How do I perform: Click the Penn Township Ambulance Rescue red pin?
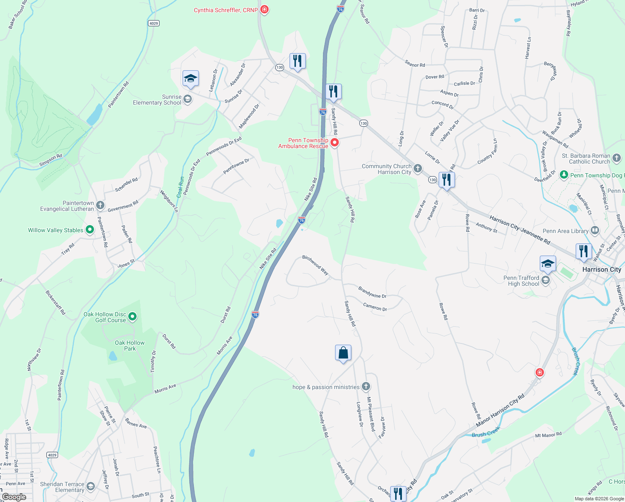pos(335,143)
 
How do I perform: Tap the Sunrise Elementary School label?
pos(157,100)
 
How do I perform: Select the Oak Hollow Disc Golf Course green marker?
pos(132,317)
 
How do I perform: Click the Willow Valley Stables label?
pos(56,231)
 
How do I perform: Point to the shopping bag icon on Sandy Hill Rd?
pos(343,353)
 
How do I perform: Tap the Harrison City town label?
pos(602,270)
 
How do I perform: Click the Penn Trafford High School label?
pos(521,281)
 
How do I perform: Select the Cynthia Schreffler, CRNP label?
pos(226,10)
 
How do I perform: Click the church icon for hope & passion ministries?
pos(366,387)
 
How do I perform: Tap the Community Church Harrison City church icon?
pos(418,169)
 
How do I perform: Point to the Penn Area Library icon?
pos(595,231)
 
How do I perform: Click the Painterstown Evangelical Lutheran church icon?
pos(100,205)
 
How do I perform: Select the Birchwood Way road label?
pos(315,265)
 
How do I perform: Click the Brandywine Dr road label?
pos(372,292)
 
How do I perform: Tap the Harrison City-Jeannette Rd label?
pos(519,230)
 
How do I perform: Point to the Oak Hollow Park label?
pos(130,346)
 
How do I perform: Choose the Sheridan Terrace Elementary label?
pos(63,487)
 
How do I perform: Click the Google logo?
pos(14,497)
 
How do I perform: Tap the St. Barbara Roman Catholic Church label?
pos(586,159)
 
